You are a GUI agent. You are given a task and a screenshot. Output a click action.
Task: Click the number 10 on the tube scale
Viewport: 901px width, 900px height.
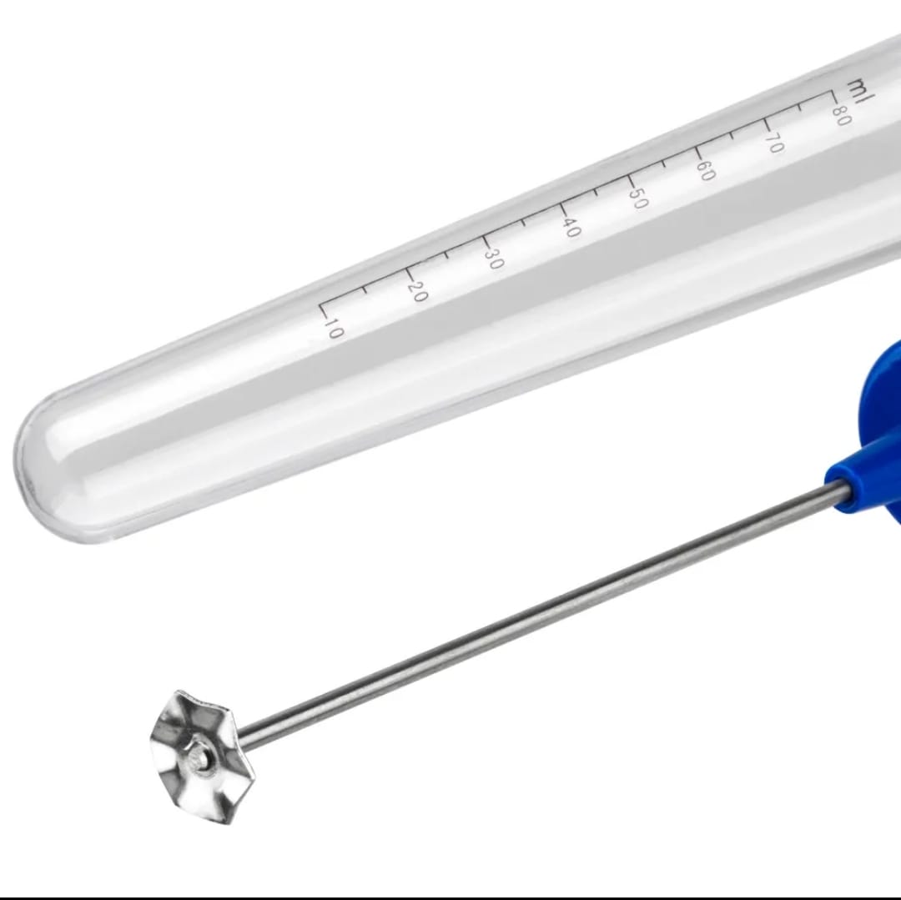[x=333, y=329]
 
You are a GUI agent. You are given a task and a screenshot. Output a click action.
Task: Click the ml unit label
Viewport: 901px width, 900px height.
[x=860, y=91]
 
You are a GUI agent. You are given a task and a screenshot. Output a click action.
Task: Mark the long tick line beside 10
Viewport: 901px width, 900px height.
[x=324, y=309]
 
